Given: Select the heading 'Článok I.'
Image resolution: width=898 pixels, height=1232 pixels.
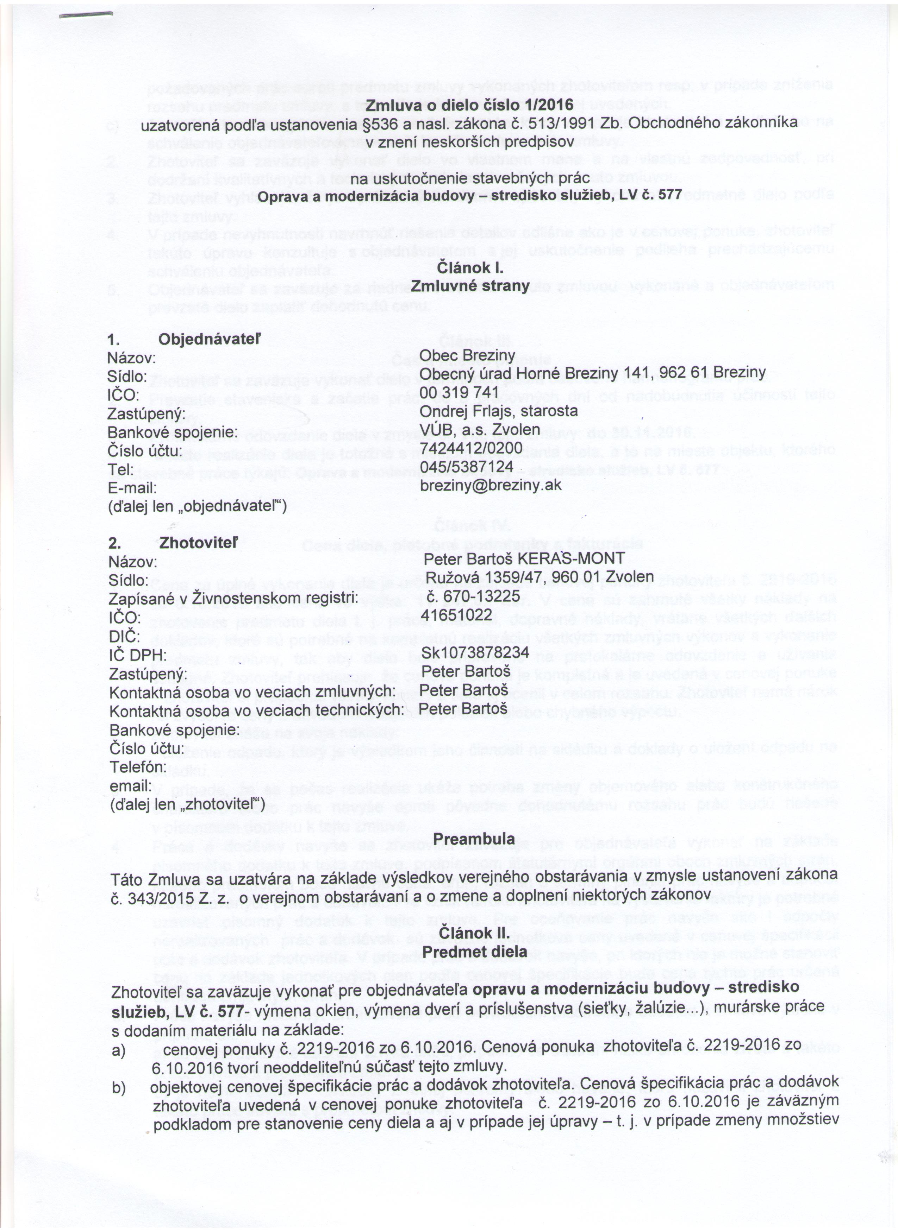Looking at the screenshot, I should coord(470,268).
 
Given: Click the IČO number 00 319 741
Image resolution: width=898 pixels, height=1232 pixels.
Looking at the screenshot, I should coord(459,392).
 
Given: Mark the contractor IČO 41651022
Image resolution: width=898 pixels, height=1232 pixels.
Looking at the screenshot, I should coord(459,614).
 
